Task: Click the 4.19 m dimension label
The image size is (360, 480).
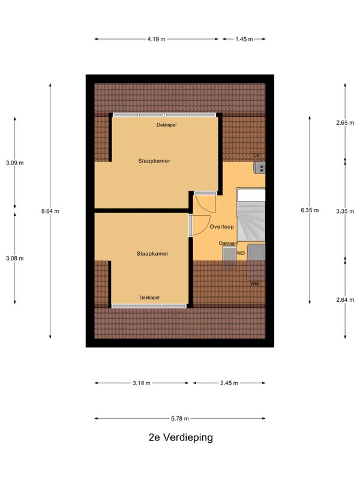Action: click(x=156, y=39)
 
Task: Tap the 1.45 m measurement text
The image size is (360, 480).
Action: click(x=244, y=39)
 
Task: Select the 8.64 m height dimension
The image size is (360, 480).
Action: click(x=50, y=211)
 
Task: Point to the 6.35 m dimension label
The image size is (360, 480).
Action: click(x=310, y=211)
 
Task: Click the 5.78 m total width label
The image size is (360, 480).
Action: click(x=179, y=418)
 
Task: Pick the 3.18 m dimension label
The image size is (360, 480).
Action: click(x=142, y=383)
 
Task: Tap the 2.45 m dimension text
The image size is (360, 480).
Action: click(x=229, y=383)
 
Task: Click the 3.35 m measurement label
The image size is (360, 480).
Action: click(x=345, y=211)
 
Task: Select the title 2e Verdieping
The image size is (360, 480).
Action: click(x=181, y=437)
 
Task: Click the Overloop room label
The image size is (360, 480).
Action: click(x=221, y=227)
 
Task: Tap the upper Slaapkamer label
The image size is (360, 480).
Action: click(x=154, y=161)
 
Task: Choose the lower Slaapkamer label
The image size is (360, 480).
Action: click(x=152, y=254)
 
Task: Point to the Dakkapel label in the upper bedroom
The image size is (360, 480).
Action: click(x=166, y=125)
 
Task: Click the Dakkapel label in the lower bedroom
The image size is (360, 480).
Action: click(x=149, y=298)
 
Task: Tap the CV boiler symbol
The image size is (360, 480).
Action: click(x=260, y=168)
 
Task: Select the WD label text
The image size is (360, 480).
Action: click(x=241, y=253)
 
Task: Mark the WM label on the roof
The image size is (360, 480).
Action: click(x=254, y=284)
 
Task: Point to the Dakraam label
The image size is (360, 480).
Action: click(x=229, y=244)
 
